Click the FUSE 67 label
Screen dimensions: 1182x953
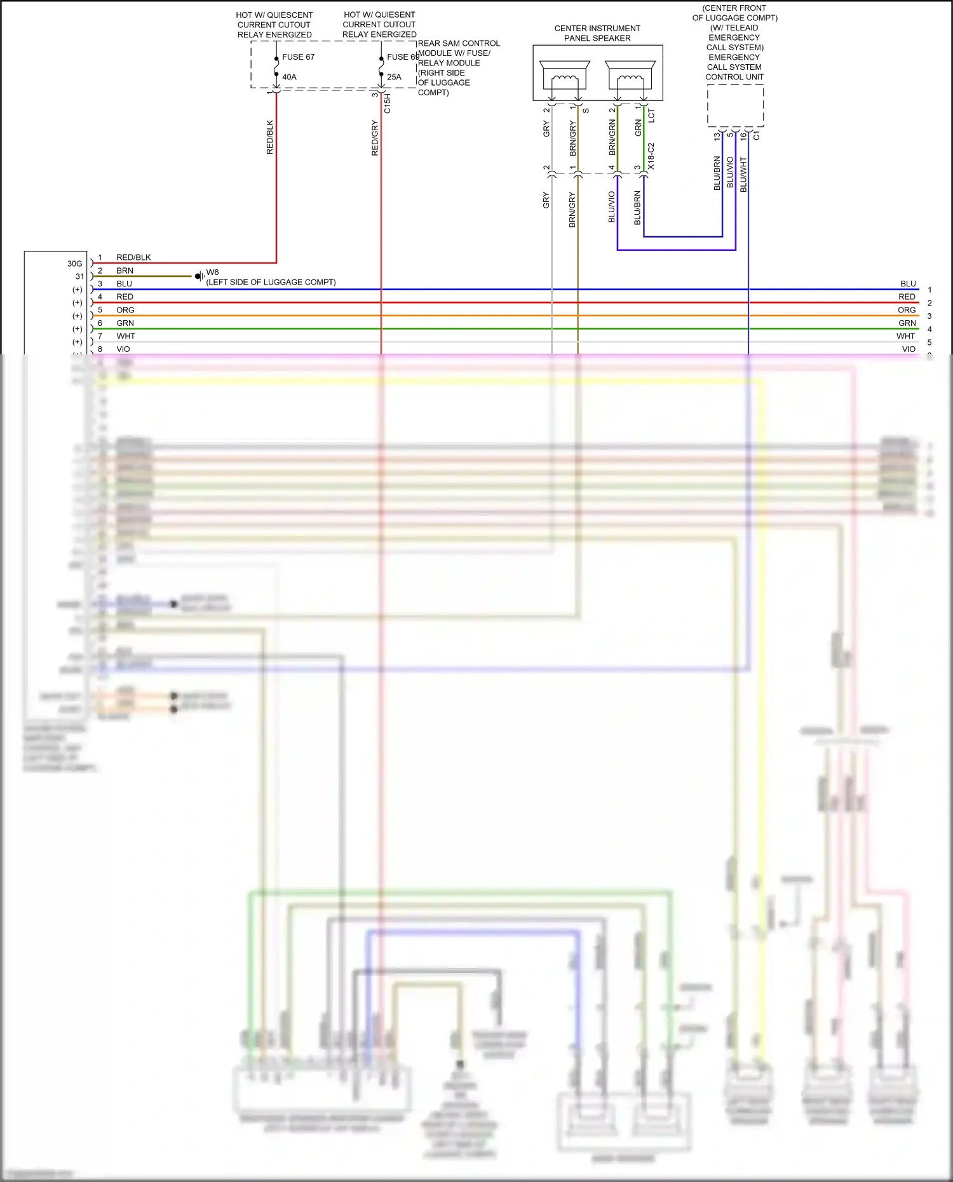(x=298, y=57)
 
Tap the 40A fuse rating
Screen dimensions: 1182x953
(x=289, y=77)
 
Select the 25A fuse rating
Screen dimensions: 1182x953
(x=394, y=77)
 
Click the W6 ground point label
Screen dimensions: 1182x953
(x=212, y=272)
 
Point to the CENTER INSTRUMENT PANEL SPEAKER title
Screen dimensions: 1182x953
(x=597, y=33)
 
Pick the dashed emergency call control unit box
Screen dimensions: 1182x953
(x=735, y=105)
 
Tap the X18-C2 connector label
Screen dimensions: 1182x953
(x=651, y=156)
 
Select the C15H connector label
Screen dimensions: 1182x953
(x=388, y=104)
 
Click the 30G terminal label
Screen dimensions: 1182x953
(x=74, y=264)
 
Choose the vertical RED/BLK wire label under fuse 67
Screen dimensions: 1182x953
(x=269, y=137)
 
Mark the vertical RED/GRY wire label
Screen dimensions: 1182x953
(x=375, y=138)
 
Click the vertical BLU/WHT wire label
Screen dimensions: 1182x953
(x=743, y=175)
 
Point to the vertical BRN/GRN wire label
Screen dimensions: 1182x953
(x=612, y=138)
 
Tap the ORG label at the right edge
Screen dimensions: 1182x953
(x=907, y=310)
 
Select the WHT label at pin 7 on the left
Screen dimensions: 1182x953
(x=126, y=336)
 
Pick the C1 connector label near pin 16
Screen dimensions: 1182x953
(x=756, y=136)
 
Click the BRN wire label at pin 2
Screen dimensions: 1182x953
(x=125, y=271)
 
